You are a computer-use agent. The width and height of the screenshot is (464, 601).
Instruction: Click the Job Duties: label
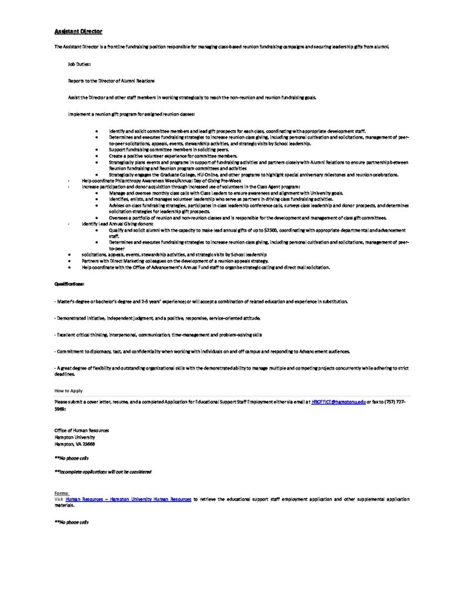(x=79, y=63)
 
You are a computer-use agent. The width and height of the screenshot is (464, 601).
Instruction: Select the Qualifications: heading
(x=70, y=283)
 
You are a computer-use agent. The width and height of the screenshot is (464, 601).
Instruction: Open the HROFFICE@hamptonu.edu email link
(x=338, y=401)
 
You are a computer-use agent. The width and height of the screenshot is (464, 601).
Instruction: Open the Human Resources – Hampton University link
(x=128, y=498)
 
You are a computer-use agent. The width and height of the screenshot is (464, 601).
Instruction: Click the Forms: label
(x=61, y=492)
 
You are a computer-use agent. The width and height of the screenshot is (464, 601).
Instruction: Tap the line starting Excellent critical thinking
(x=158, y=334)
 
